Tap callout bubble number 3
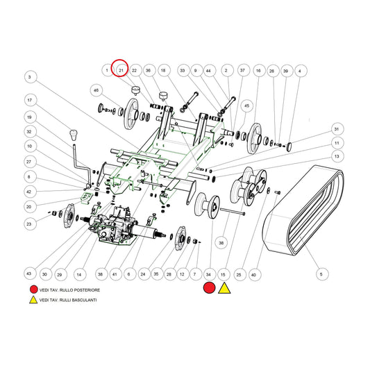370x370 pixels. pyautogui.click(x=30, y=77)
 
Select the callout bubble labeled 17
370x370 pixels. pyautogui.click(x=30, y=100)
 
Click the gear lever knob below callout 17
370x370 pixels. pyautogui.click(x=73, y=135)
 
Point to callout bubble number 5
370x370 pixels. pyautogui.click(x=321, y=274)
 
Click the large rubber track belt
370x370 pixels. pyautogui.click(x=303, y=210)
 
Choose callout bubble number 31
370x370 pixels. pyautogui.click(x=337, y=129)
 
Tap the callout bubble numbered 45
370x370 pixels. pyautogui.click(x=246, y=106)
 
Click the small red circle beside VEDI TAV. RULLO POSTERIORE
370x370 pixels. pyautogui.click(x=33, y=289)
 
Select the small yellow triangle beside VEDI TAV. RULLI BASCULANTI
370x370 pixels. pyautogui.click(x=33, y=300)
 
